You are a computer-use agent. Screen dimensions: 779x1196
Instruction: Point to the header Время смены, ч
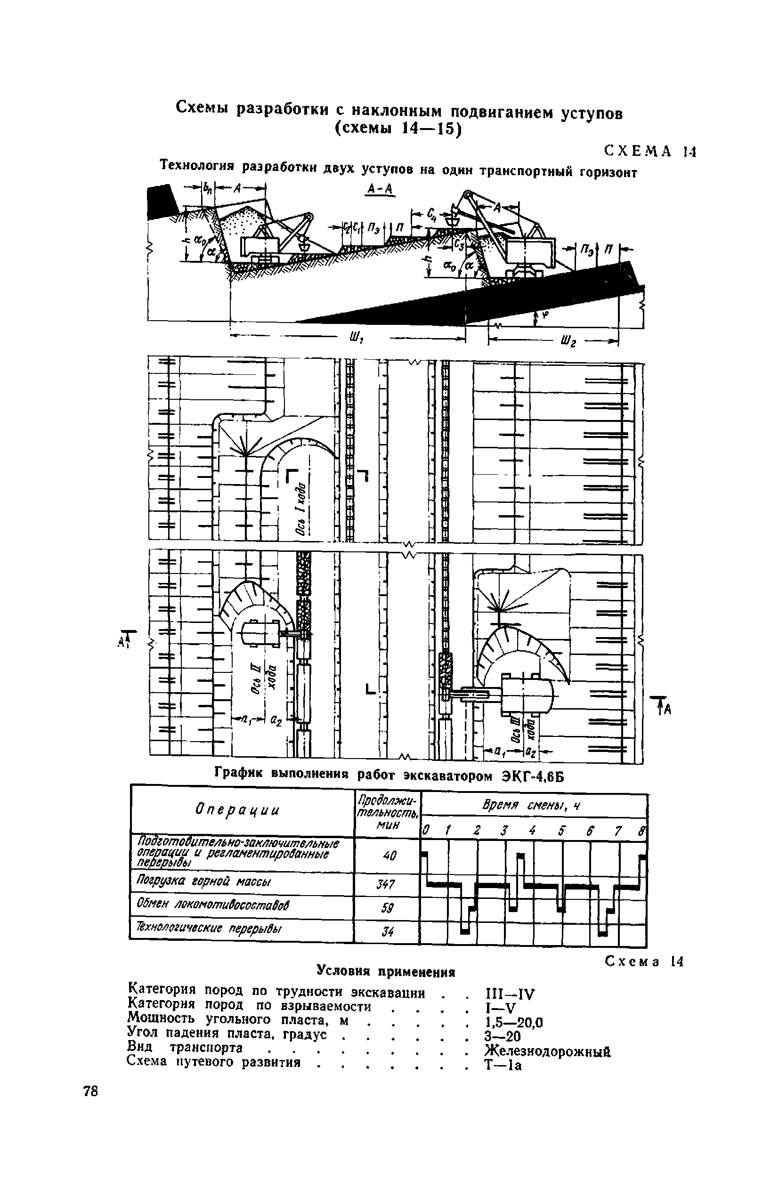(x=531, y=806)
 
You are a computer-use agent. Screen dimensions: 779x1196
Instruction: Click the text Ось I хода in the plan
(x=300, y=509)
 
